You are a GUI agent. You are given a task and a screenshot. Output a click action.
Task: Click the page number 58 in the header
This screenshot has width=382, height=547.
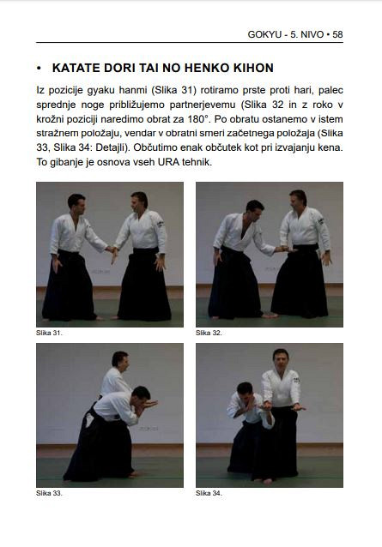[337, 34]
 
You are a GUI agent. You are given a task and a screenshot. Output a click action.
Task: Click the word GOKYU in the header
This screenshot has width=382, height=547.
[264, 34]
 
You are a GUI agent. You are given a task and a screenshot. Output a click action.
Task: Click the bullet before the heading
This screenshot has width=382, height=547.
[39, 69]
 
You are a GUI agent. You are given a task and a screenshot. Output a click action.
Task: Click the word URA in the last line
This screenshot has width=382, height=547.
[168, 162]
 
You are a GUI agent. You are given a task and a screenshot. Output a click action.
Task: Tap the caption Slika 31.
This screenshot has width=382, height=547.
[49, 333]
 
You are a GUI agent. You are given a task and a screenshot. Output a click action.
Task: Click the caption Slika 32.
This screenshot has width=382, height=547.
[209, 333]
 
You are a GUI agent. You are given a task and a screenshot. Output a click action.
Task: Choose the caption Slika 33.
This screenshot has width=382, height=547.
[49, 493]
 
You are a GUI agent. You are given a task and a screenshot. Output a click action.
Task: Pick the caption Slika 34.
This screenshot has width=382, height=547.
[209, 493]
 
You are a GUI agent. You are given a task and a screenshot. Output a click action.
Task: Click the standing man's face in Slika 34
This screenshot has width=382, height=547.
[281, 360]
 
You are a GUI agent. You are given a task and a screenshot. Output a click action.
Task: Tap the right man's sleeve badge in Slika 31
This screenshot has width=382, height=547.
[160, 223]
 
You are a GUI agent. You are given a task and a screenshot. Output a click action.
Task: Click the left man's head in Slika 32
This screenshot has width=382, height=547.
[255, 209]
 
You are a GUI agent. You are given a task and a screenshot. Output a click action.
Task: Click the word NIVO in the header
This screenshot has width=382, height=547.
[312, 34]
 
